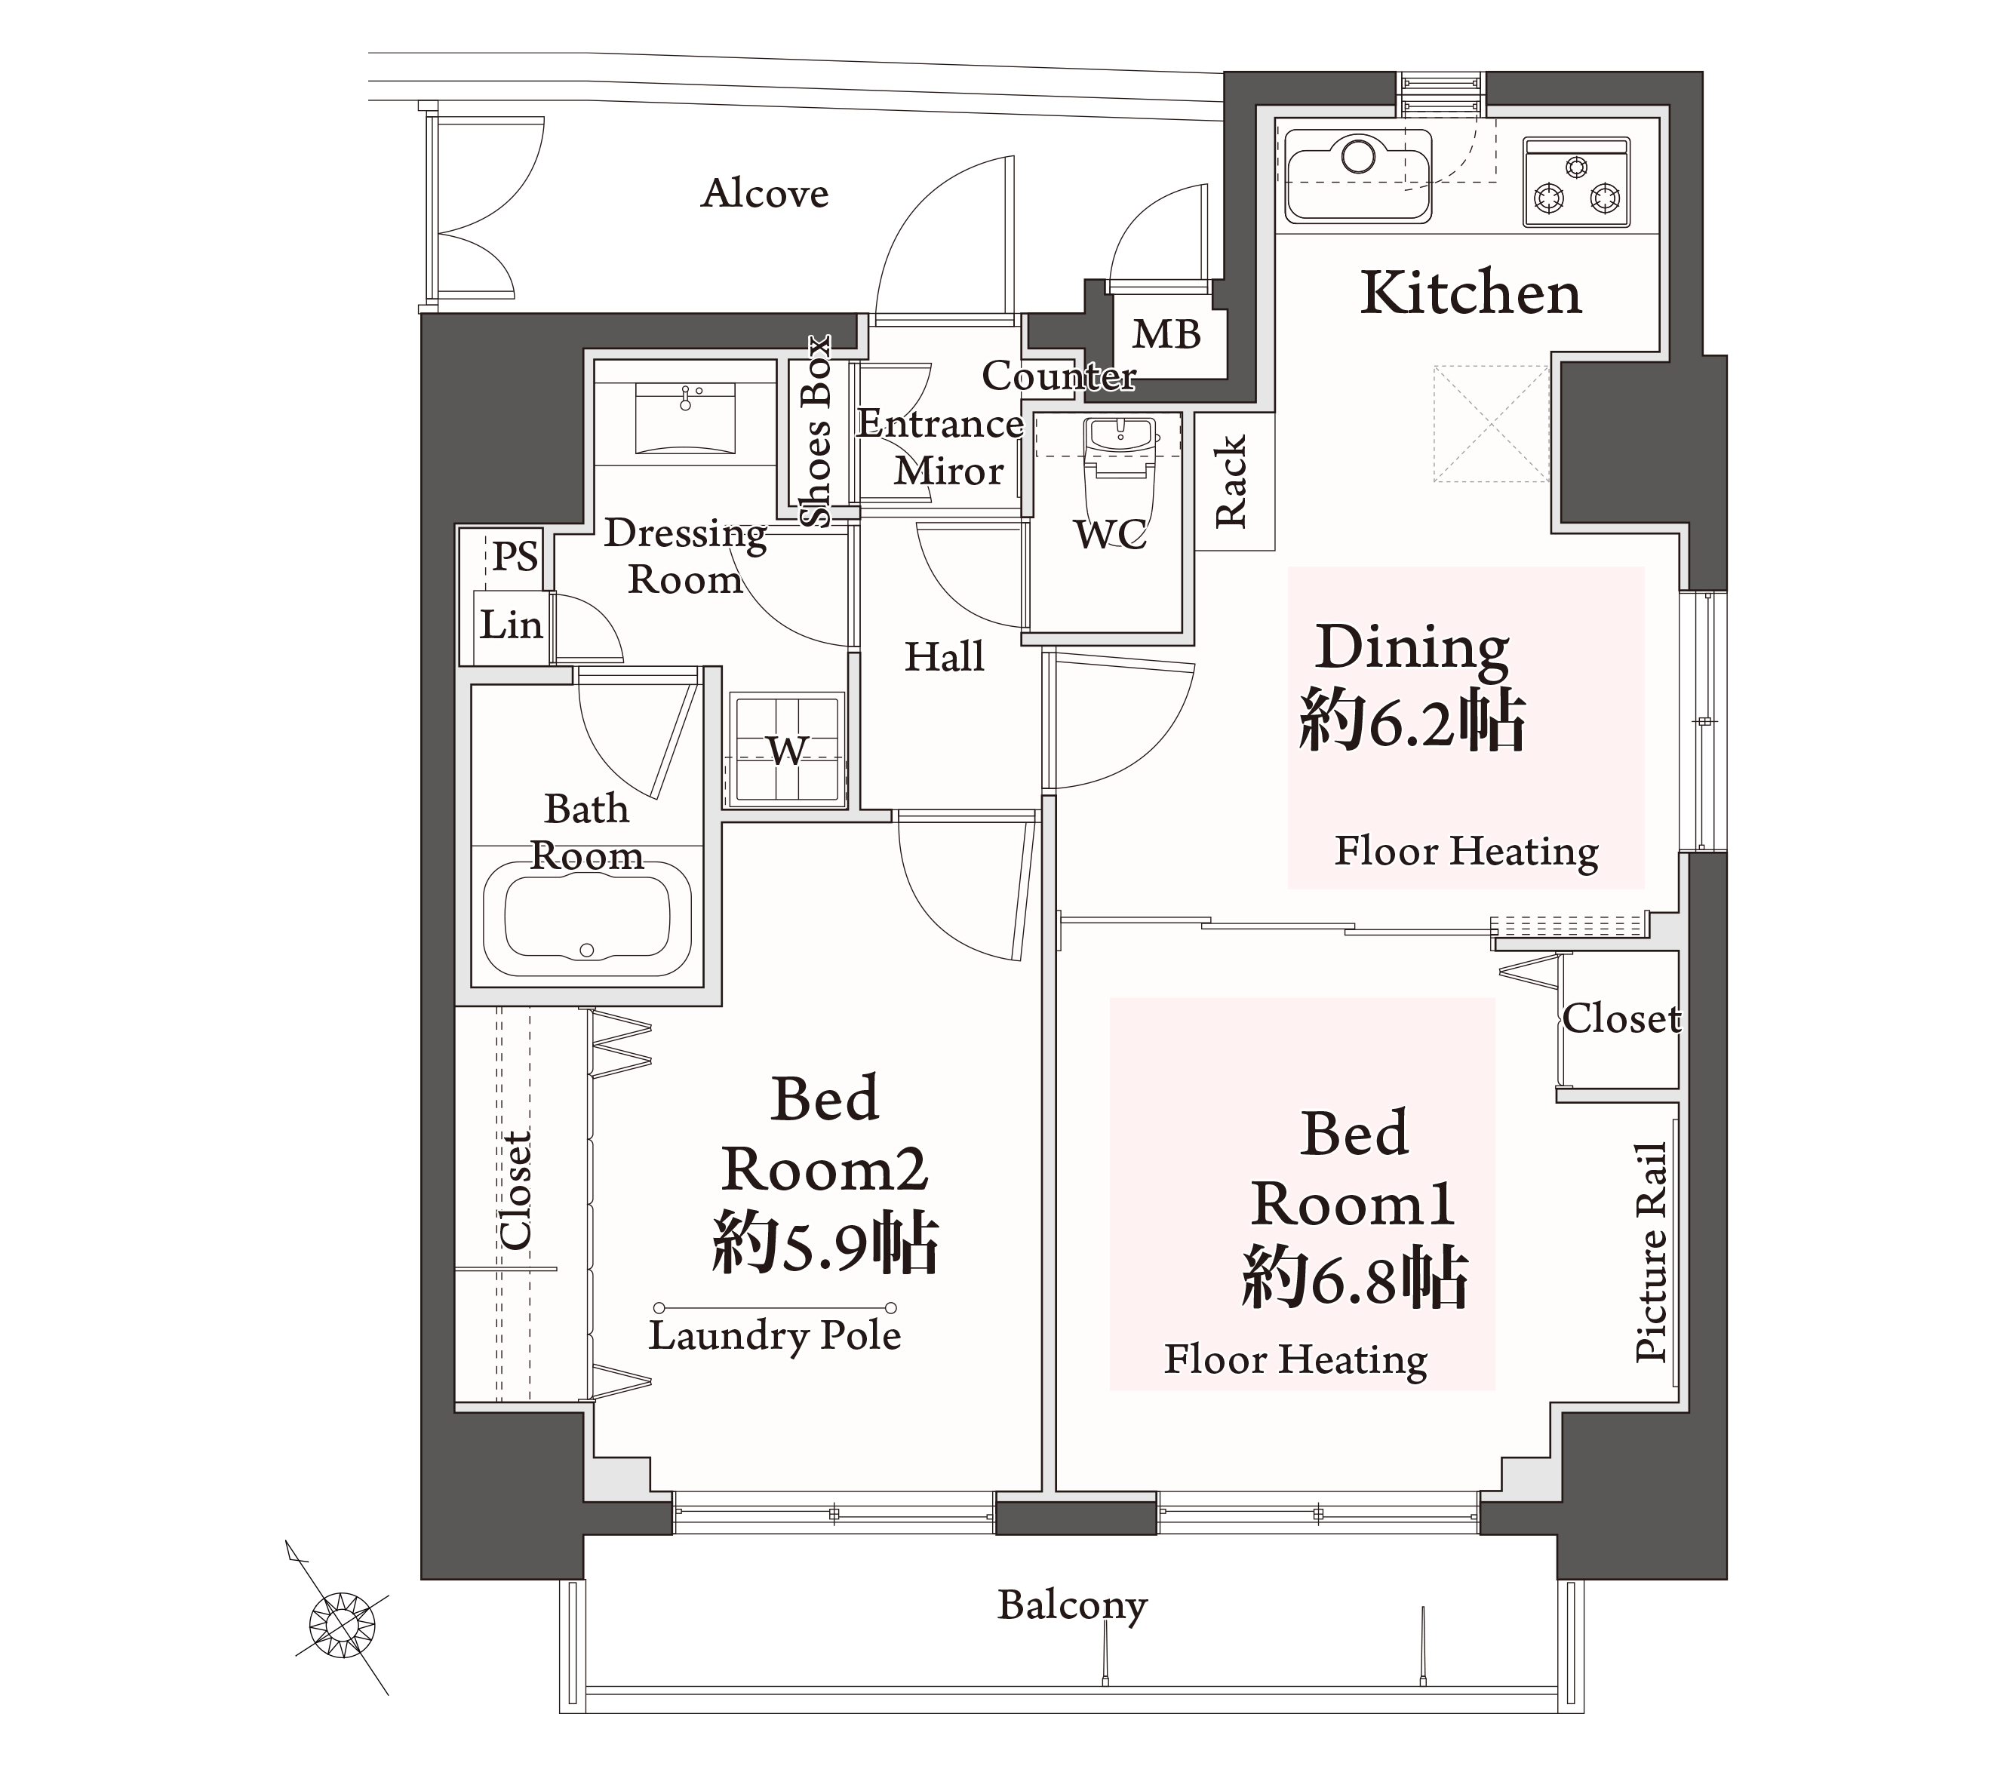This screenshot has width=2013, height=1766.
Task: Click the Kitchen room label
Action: [x=1471, y=293]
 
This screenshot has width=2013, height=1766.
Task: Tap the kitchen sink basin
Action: [x=1358, y=175]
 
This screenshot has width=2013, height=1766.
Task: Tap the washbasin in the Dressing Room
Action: [x=685, y=418]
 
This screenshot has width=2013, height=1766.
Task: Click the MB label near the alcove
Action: [x=1167, y=335]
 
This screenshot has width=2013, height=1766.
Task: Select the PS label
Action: [x=515, y=557]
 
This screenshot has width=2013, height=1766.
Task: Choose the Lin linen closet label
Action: [x=511, y=625]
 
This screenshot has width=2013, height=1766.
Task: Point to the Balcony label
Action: [x=1072, y=1605]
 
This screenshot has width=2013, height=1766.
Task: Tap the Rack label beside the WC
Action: [x=1231, y=481]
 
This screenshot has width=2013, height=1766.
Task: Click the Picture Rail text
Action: [x=1651, y=1253]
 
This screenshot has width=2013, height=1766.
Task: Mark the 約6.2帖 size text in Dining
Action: [x=1412, y=722]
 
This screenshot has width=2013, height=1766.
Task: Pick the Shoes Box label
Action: [x=816, y=432]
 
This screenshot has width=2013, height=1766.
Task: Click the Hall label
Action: [x=945, y=657]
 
